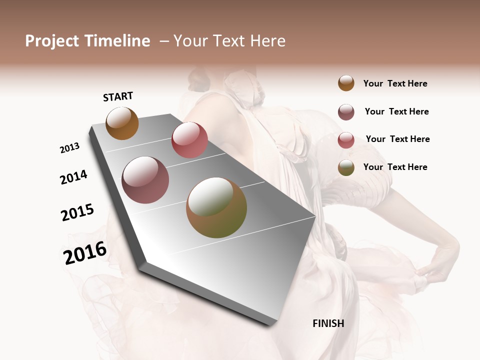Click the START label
[118, 96]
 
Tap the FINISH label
[328, 323]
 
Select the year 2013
[70, 148]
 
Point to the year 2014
[74, 177]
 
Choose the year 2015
[77, 212]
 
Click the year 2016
[85, 253]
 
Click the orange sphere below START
[122, 123]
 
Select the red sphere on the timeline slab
[189, 140]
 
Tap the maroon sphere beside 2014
[145, 180]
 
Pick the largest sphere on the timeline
[216, 207]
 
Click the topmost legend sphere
[346, 83]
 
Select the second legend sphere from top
[346, 112]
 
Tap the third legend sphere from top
[346, 140]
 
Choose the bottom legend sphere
[346, 167]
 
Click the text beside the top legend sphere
[395, 83]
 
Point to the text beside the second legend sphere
[396, 111]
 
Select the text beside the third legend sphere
[397, 139]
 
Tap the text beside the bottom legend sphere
[395, 167]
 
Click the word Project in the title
[52, 41]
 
